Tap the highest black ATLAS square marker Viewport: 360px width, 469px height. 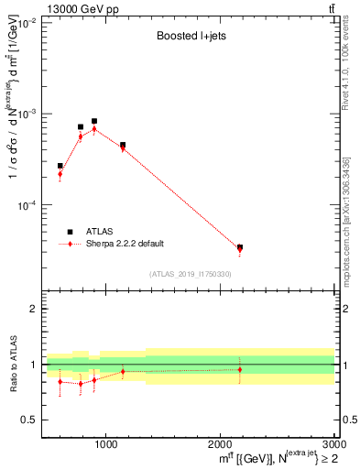pyautogui.click(x=94, y=121)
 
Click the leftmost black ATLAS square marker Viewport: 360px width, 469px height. pyautogui.click(x=60, y=166)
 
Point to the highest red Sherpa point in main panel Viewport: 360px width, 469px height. pyautogui.click(x=94, y=129)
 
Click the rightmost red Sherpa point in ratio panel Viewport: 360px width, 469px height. pyautogui.click(x=240, y=370)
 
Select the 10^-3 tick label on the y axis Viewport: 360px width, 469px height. pyautogui.click(x=29, y=114)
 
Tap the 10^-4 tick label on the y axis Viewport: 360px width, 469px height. pyautogui.click(x=29, y=205)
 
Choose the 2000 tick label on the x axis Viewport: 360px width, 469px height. pyautogui.click(x=220, y=443)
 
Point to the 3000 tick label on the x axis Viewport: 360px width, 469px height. pyautogui.click(x=332, y=443)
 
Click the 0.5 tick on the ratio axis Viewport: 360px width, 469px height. pyautogui.click(x=32, y=420)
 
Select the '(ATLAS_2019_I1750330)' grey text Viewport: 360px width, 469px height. pyautogui.click(x=191, y=274)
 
